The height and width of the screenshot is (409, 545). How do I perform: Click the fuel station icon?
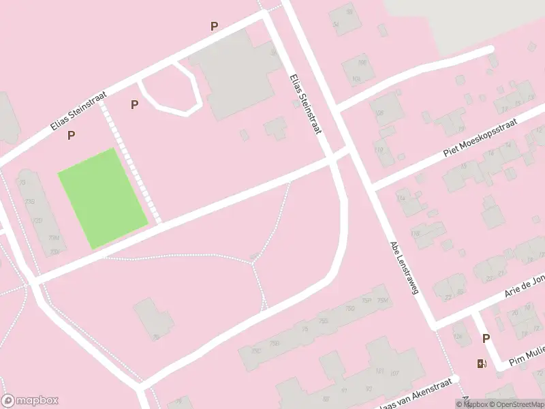482,363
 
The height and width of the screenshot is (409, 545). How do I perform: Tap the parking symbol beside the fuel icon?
486,338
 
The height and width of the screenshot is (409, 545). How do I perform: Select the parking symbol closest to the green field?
71,136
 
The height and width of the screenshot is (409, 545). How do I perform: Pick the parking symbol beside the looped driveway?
134,104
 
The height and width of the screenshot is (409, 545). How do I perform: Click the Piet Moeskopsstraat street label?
480,137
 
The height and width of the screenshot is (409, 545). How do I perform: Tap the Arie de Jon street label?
525,285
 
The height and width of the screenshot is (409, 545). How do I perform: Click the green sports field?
102,198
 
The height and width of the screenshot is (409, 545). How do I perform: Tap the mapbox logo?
30,401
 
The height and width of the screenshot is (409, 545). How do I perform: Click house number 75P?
367,301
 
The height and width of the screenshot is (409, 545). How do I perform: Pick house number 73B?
30,202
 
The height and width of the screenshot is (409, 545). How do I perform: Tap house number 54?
335,25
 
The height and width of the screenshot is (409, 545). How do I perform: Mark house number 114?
401,198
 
